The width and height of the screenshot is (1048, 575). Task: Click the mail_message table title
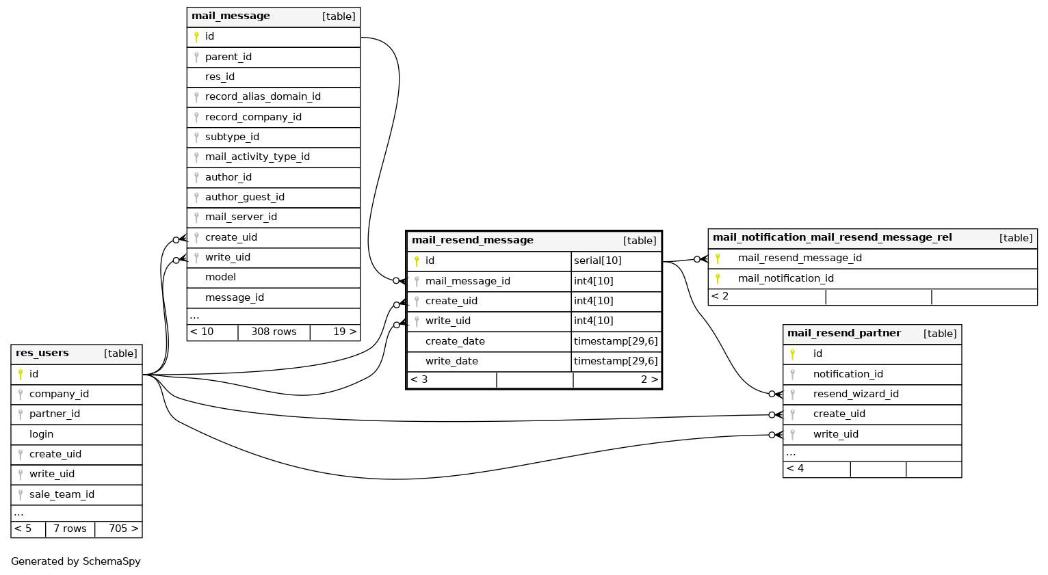231,16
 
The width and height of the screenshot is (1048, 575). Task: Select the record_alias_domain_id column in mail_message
263,97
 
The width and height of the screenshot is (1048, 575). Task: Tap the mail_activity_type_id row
257,157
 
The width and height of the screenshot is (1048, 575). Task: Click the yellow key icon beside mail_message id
196,37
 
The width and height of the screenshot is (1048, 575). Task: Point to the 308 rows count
274,332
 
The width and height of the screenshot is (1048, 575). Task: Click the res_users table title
42,353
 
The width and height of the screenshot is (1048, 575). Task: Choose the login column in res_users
41,434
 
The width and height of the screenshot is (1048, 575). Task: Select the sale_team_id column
62,494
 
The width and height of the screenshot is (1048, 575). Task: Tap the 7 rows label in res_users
70,529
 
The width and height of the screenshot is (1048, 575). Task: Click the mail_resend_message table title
472,241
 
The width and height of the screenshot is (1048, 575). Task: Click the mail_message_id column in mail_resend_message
467,281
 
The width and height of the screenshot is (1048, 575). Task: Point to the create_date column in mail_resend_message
455,341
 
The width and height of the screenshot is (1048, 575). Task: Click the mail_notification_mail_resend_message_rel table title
832,238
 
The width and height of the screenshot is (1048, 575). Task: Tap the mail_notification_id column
785,278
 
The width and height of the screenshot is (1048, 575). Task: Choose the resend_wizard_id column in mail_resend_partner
856,394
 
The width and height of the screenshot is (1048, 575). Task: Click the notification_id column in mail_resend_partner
848,374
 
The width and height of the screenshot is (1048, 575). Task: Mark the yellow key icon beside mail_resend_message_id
718,258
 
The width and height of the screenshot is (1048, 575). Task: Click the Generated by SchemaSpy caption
76,561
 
